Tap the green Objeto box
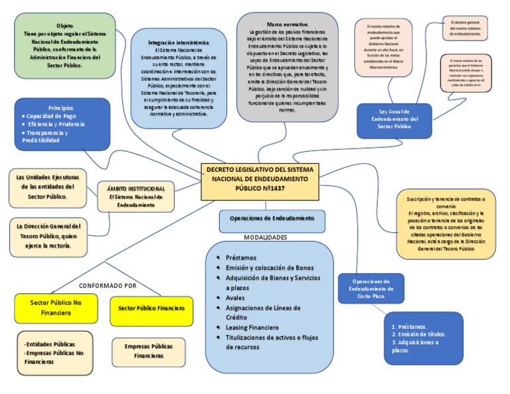tap(64, 44)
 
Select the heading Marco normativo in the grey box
tap(282, 24)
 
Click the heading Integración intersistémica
tap(178, 42)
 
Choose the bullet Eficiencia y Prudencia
tap(60, 124)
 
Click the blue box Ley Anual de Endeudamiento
tap(394, 119)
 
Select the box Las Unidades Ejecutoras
tap(48, 187)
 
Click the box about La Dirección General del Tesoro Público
tap(49, 235)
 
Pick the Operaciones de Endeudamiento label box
tap(272, 218)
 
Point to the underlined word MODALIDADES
tap(265, 237)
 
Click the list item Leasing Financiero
tap(252, 327)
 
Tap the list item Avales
tap(236, 298)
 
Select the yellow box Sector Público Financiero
tap(151, 308)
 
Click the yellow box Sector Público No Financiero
tap(56, 307)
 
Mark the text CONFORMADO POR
tap(107, 285)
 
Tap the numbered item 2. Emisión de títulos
tap(420, 334)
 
